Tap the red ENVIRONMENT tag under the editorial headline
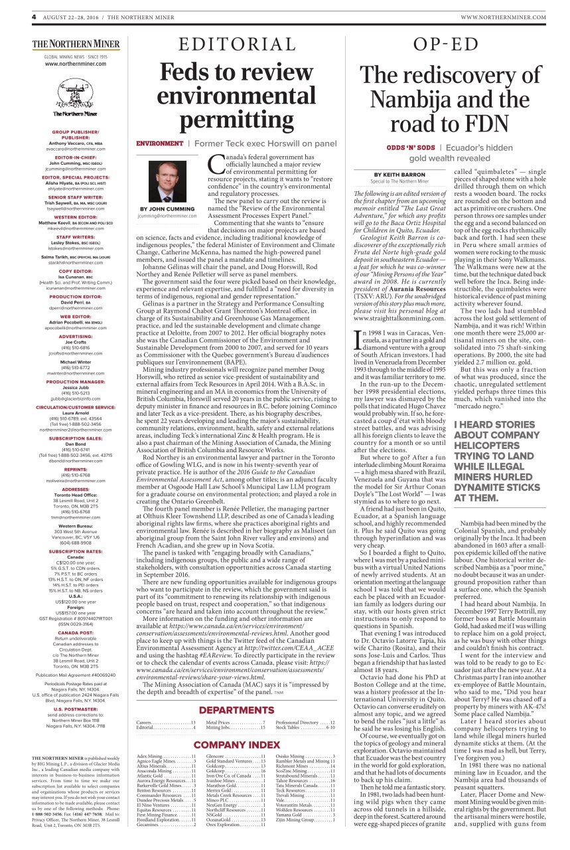coord(159,143)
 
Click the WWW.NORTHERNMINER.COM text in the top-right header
coord(503,17)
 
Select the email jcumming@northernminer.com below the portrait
coord(167,216)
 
